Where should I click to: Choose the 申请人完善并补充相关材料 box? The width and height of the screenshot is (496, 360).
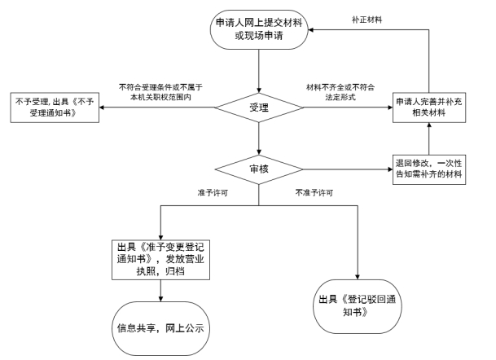point(429,108)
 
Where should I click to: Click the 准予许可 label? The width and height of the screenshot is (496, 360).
point(210,193)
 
